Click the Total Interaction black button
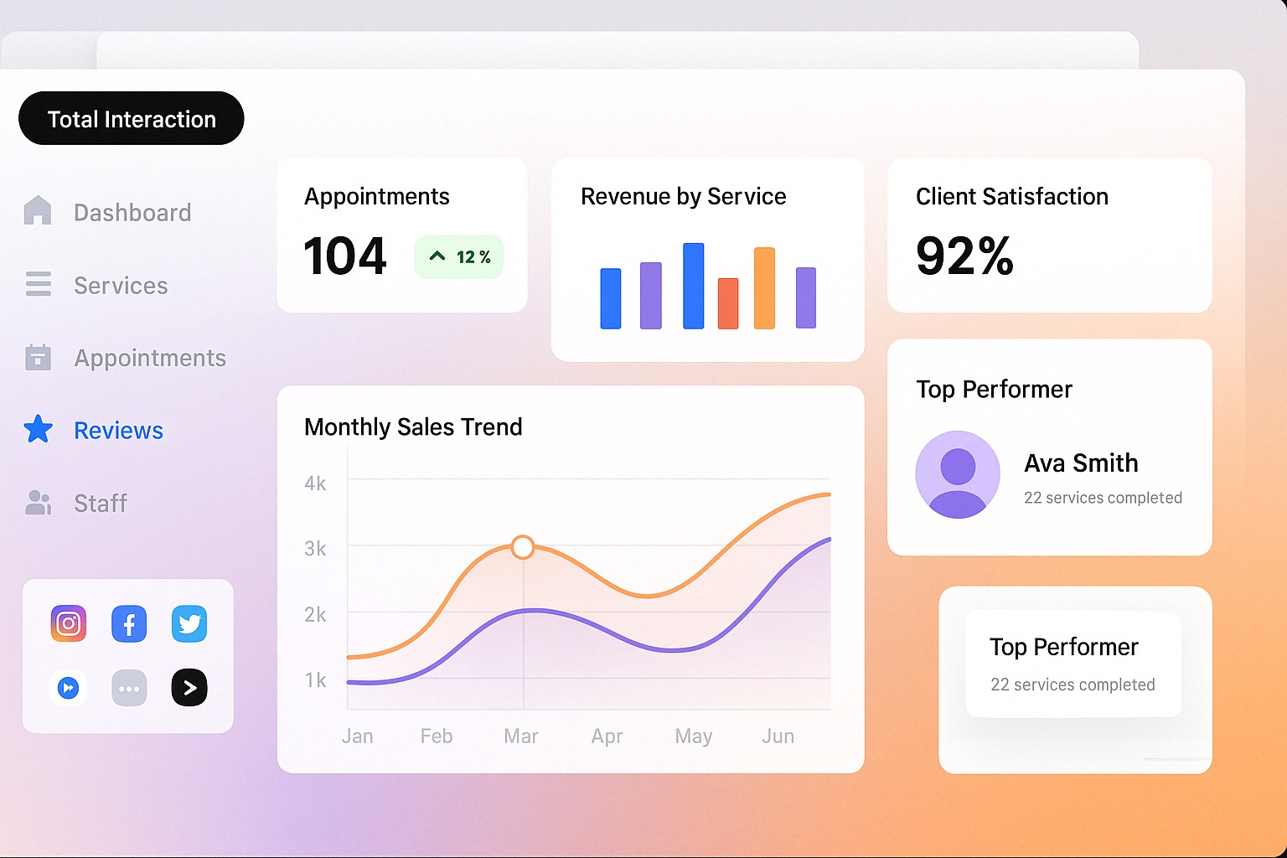click(x=132, y=118)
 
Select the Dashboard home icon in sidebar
click(x=38, y=210)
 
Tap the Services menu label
click(x=121, y=286)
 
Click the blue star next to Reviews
click(x=38, y=429)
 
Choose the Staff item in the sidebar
click(x=100, y=503)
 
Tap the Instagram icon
click(x=69, y=623)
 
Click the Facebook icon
click(x=129, y=624)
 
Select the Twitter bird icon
click(x=189, y=624)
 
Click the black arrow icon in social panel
click(x=189, y=688)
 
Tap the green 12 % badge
click(x=459, y=256)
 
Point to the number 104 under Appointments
click(x=344, y=256)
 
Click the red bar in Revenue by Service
click(x=728, y=303)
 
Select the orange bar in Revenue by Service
click(x=764, y=288)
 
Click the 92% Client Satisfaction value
click(x=964, y=256)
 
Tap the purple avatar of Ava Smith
click(x=958, y=474)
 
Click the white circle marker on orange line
click(x=523, y=547)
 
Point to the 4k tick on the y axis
click(x=315, y=483)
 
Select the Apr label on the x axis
click(x=607, y=736)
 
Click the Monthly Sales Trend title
click(x=413, y=426)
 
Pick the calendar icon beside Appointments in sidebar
click(x=38, y=358)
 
